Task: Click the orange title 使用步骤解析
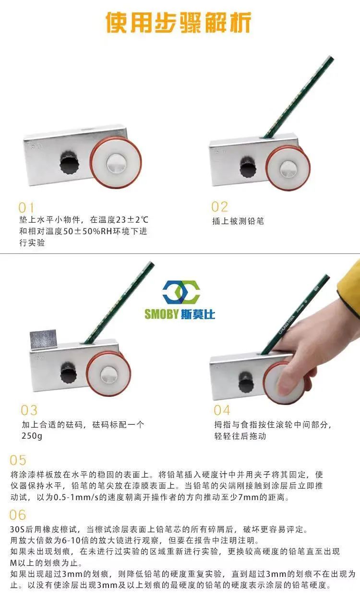click(179, 23)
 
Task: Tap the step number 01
click(26, 207)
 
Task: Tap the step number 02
click(219, 206)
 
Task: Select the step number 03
click(29, 410)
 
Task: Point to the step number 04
click(222, 410)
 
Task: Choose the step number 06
click(18, 515)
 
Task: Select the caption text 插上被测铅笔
click(238, 221)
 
